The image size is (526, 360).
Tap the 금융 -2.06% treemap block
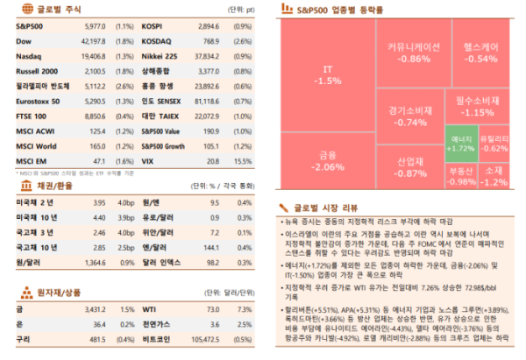(x=327, y=161)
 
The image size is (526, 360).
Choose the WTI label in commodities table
(x=149, y=309)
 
